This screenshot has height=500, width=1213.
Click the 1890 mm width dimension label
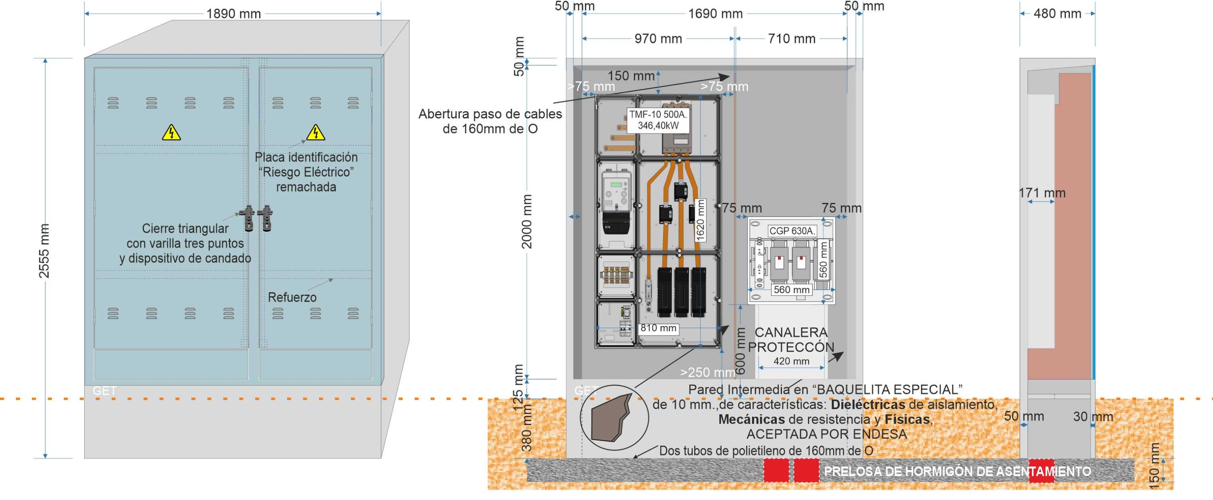[x=234, y=14]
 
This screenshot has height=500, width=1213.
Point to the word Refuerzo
[x=292, y=297]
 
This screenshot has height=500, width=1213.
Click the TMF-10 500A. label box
[x=658, y=120]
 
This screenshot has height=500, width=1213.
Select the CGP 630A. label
[x=791, y=231]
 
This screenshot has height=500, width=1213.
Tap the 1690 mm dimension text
[x=715, y=14]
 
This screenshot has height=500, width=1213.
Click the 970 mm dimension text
[x=658, y=39]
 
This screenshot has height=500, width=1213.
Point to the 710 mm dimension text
[x=792, y=39]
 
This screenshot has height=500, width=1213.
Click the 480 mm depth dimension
[x=1057, y=14]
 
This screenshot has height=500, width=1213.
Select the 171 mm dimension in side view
[x=1042, y=193]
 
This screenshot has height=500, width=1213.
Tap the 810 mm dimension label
[x=658, y=328]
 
